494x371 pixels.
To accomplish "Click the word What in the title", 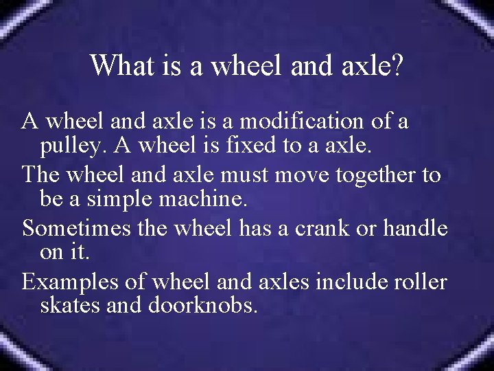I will pos(115,66).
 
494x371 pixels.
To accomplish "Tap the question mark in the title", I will pos(397,66).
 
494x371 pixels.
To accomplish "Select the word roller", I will pos(421,281).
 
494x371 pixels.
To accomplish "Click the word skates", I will pos(71,305).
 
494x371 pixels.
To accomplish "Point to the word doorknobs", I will pos(202,305).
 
